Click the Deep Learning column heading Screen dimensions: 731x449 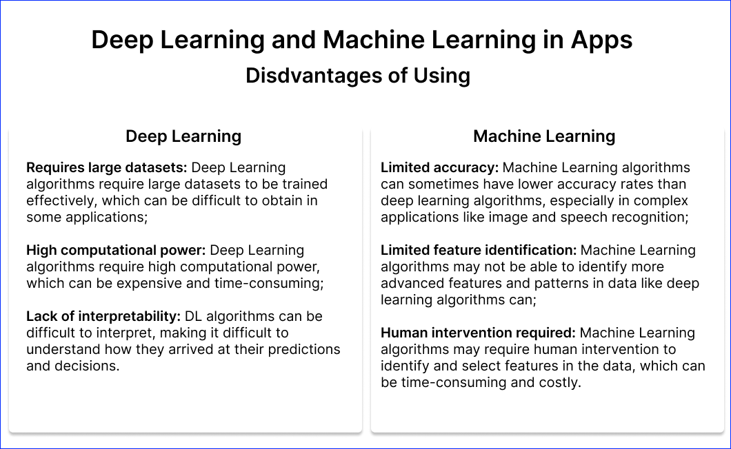coord(183,136)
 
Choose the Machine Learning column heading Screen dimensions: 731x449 coord(544,136)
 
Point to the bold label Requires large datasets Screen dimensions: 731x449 coord(106,167)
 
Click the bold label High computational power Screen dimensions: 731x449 coord(116,250)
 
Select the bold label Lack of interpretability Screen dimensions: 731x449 coord(103,316)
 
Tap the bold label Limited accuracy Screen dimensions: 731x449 coord(439,167)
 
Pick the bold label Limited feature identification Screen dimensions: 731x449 coord(479,250)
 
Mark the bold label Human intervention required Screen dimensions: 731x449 coord(478,333)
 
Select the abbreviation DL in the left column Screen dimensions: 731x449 coord(193,316)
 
